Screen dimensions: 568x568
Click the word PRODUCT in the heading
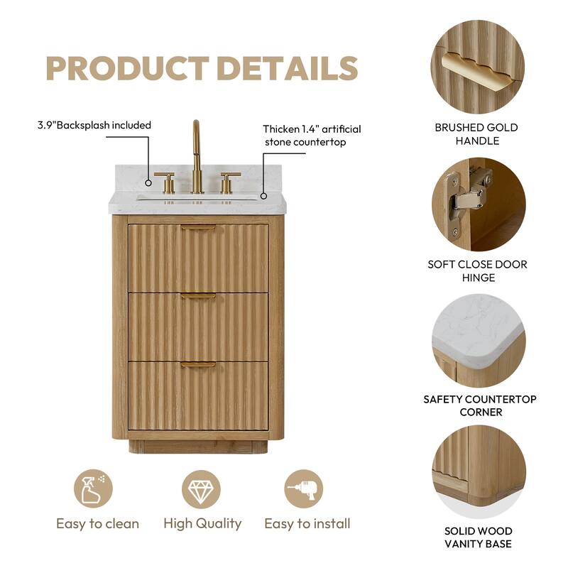[128, 68]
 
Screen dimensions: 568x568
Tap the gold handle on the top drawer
[198, 228]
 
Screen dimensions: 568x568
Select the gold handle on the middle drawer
[198, 296]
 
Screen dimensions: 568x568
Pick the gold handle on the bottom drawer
[198, 365]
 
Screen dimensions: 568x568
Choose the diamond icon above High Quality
[201, 489]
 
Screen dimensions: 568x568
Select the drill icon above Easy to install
[303, 489]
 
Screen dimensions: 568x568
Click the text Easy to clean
[97, 524]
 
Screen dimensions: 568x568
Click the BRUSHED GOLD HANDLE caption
[476, 134]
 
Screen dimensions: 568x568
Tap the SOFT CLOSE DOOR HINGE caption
[477, 271]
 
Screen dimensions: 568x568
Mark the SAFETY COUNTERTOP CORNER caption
[480, 405]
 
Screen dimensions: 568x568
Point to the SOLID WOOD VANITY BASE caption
[478, 537]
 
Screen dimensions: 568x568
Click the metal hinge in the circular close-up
[466, 202]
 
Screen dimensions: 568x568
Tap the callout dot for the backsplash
[148, 183]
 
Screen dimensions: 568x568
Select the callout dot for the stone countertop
[264, 196]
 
